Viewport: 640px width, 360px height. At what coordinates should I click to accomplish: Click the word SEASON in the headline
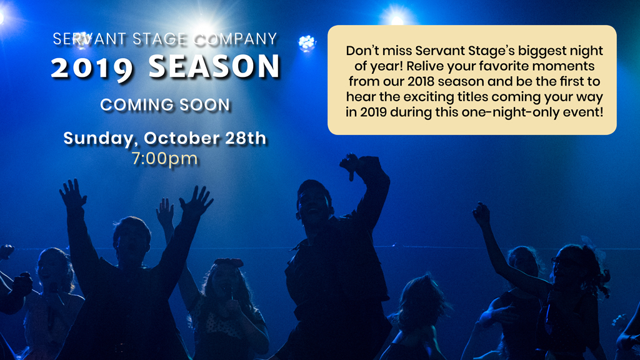click(214, 66)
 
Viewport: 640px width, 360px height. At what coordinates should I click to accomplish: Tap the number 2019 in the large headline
click(92, 68)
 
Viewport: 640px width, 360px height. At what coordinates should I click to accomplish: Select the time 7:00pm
click(165, 158)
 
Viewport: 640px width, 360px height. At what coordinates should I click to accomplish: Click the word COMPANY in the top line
click(236, 39)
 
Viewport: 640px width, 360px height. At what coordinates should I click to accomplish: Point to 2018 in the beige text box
click(421, 81)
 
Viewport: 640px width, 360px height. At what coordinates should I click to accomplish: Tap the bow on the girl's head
click(229, 262)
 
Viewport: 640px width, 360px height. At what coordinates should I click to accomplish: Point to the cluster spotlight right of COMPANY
click(307, 42)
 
